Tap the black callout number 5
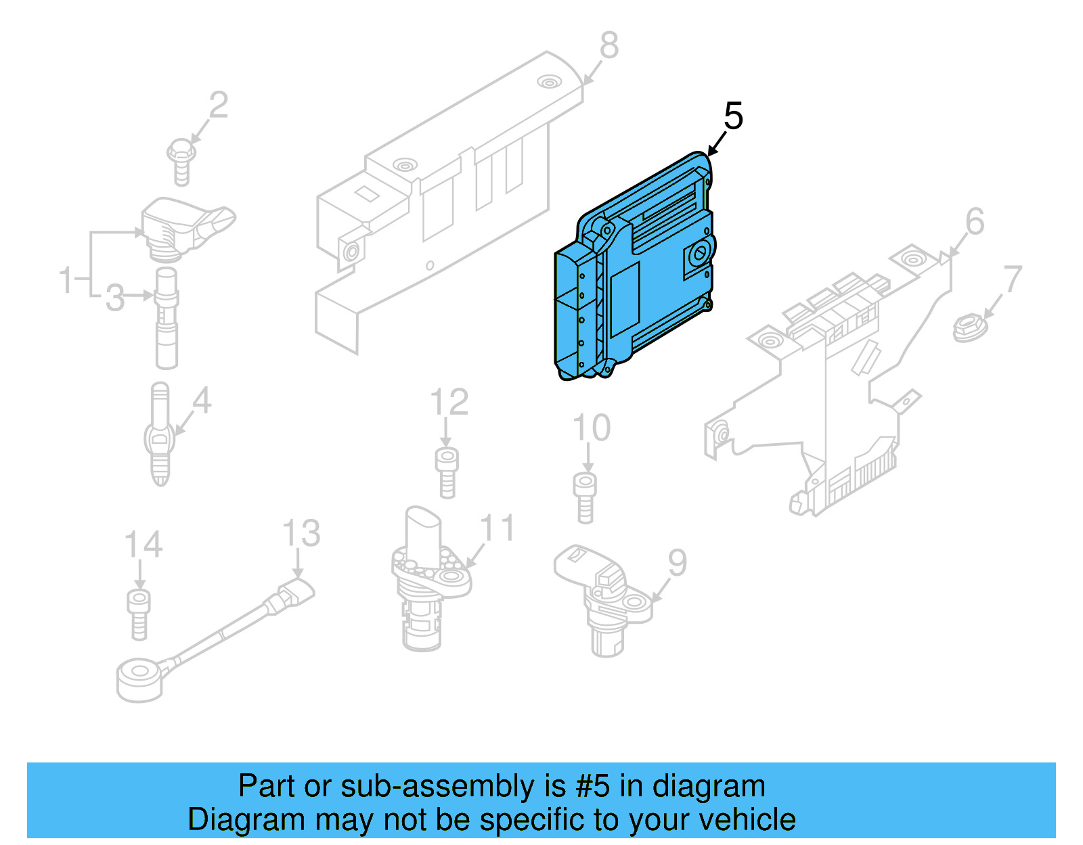pyautogui.click(x=733, y=116)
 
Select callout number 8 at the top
pyautogui.click(x=609, y=45)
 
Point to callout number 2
pyautogui.click(x=218, y=106)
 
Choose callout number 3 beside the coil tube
pyautogui.click(x=115, y=297)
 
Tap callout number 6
pyautogui.click(x=974, y=221)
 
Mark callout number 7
pyautogui.click(x=1012, y=279)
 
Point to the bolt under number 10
pyautogui.click(x=585, y=497)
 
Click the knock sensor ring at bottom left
pyautogui.click(x=140, y=680)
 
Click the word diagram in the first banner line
pyautogui.click(x=709, y=787)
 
